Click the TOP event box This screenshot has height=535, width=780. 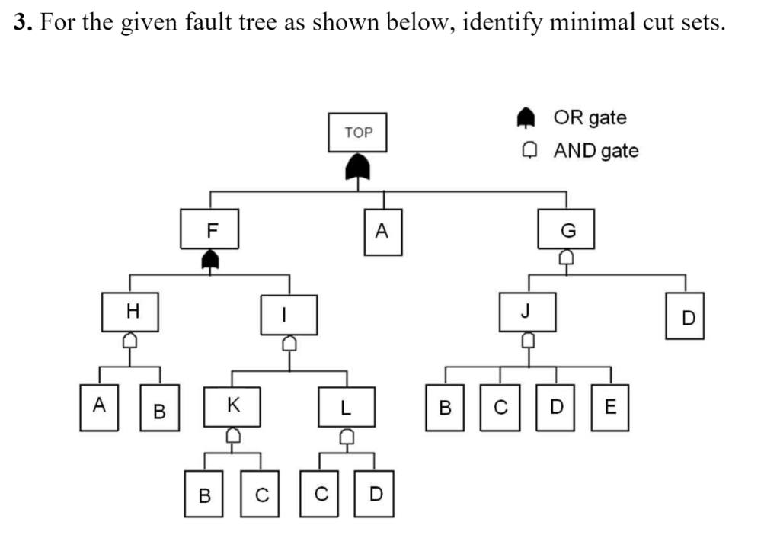point(358,132)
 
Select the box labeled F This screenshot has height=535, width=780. point(209,229)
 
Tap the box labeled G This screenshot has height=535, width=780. point(565,229)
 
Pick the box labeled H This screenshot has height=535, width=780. point(131,312)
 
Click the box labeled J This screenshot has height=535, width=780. point(526,312)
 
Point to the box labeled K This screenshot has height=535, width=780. point(232,406)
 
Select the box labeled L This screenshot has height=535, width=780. point(347,408)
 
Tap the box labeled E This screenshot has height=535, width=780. point(610,408)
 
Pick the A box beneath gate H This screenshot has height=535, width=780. point(99,408)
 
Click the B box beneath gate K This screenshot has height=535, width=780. point(205,495)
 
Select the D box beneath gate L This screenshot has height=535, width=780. point(375,494)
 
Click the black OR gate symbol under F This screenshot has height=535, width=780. point(209,261)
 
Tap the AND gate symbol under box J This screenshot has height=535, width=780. point(526,340)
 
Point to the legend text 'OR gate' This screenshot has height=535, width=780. point(590,118)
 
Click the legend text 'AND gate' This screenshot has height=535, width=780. point(596,150)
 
